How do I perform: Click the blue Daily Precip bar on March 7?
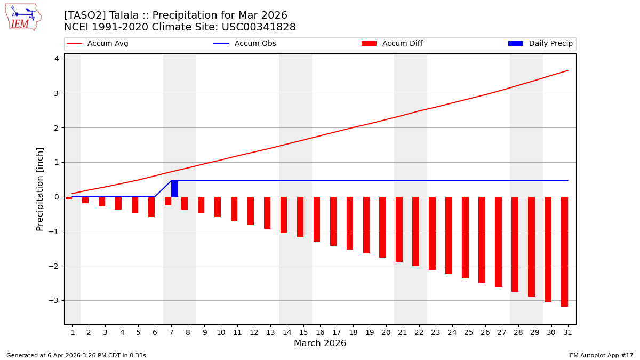tap(174, 189)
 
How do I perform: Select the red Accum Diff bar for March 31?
tap(564, 252)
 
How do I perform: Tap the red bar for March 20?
tap(382, 227)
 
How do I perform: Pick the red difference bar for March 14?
tap(284, 215)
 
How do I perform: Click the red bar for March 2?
tap(85, 200)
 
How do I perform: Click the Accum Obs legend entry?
tap(245, 44)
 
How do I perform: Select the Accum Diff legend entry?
tap(393, 44)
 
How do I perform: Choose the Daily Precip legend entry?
tap(541, 44)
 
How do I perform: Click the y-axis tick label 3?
tap(56, 93)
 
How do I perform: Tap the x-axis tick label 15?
tap(303, 332)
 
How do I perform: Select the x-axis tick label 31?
tap(567, 332)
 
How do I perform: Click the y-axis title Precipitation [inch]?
tap(40, 189)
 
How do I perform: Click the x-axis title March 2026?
tap(320, 343)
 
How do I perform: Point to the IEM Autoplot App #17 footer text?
tap(601, 355)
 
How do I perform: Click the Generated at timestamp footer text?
tap(76, 355)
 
